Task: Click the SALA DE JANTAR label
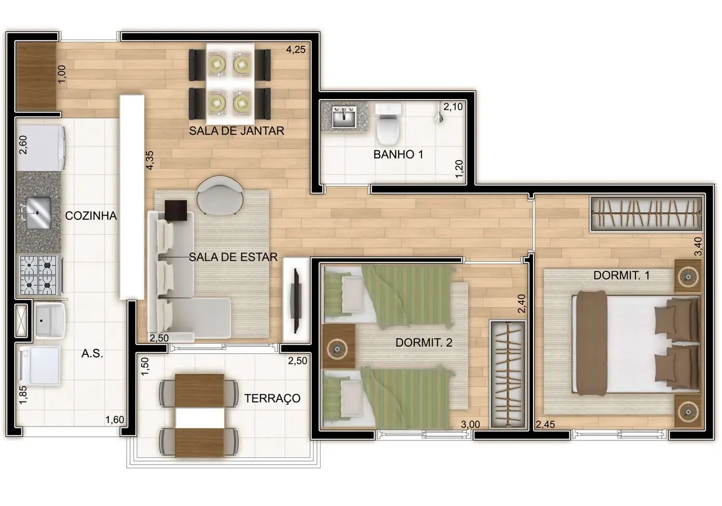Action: tap(236, 131)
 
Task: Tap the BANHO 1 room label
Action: tap(398, 154)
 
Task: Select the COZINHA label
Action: tap(91, 215)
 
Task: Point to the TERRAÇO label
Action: tap(272, 398)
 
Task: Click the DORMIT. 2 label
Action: tap(424, 343)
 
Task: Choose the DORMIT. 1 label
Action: tap(621, 275)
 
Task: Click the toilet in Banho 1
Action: tap(388, 125)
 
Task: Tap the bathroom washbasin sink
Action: tap(344, 117)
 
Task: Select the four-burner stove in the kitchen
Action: tap(38, 275)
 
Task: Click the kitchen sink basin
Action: tap(39, 213)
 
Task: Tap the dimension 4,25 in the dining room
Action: tap(296, 49)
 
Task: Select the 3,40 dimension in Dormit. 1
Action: tap(698, 246)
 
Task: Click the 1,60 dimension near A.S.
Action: tap(115, 420)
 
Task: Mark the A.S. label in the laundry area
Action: tap(92, 354)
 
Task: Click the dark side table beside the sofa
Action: tap(176, 211)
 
